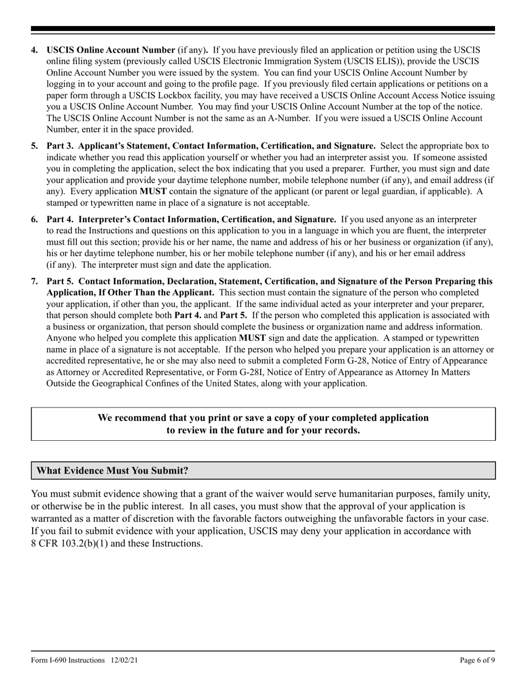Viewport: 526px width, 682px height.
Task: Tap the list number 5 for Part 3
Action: click(34, 146)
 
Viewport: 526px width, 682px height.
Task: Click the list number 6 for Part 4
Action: click(34, 219)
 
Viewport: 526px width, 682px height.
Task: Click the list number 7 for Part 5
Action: click(34, 281)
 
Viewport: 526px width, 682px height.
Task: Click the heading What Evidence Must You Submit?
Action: click(112, 471)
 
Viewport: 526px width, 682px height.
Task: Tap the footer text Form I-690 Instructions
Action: click(68, 660)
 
